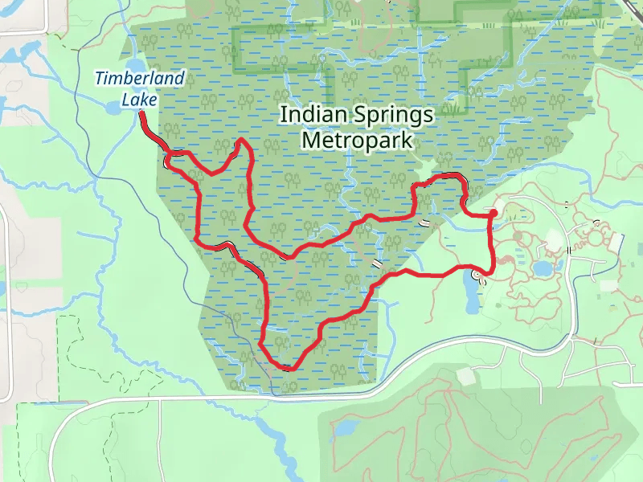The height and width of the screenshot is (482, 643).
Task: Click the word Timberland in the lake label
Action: click(x=140, y=79)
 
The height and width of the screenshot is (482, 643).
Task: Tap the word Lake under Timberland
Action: click(x=140, y=100)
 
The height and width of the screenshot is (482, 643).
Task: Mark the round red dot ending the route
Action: click(x=493, y=213)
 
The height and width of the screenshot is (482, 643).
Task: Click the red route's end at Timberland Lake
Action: click(x=141, y=114)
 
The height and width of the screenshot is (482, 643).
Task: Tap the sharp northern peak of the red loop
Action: click(x=242, y=141)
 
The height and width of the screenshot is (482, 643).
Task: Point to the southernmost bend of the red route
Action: click(x=287, y=368)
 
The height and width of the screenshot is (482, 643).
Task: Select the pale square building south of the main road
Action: click(x=465, y=376)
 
